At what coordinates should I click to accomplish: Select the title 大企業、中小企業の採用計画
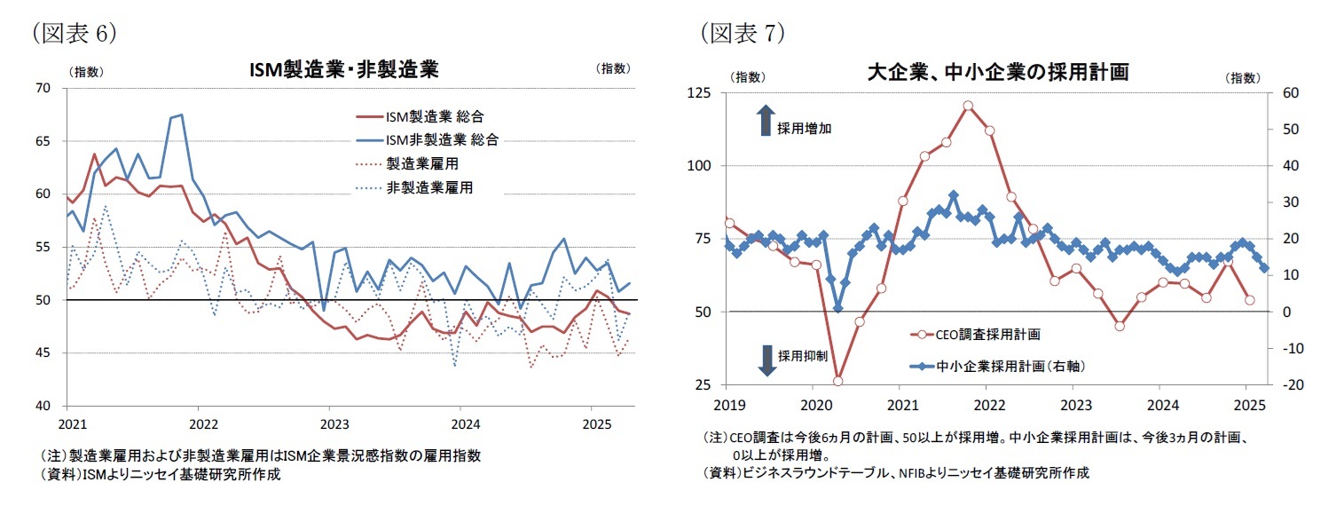997,73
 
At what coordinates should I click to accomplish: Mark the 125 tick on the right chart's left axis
705,92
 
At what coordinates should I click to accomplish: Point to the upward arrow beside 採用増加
766,121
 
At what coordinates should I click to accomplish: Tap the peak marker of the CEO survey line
967,106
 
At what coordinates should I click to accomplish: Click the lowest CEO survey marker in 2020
837,381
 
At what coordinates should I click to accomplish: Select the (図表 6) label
75,33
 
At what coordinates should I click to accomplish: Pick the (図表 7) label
743,33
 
